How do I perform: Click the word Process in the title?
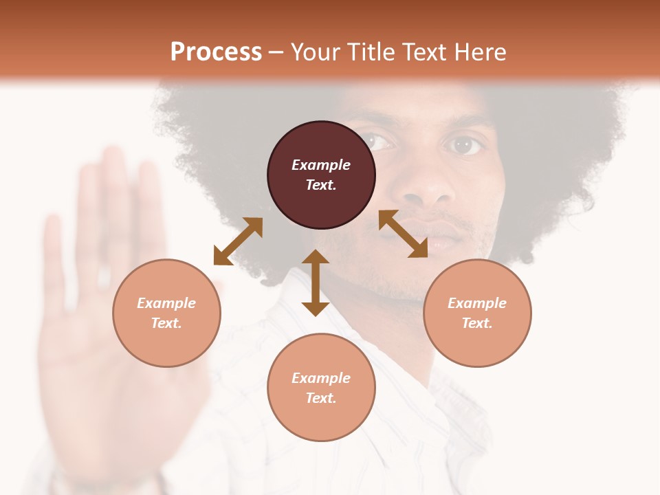click(x=216, y=52)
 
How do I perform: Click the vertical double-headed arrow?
click(x=316, y=283)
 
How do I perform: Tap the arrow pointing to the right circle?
click(x=403, y=234)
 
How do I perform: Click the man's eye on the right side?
click(x=464, y=145)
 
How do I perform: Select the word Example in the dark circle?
click(x=321, y=165)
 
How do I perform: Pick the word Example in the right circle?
click(x=477, y=303)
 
